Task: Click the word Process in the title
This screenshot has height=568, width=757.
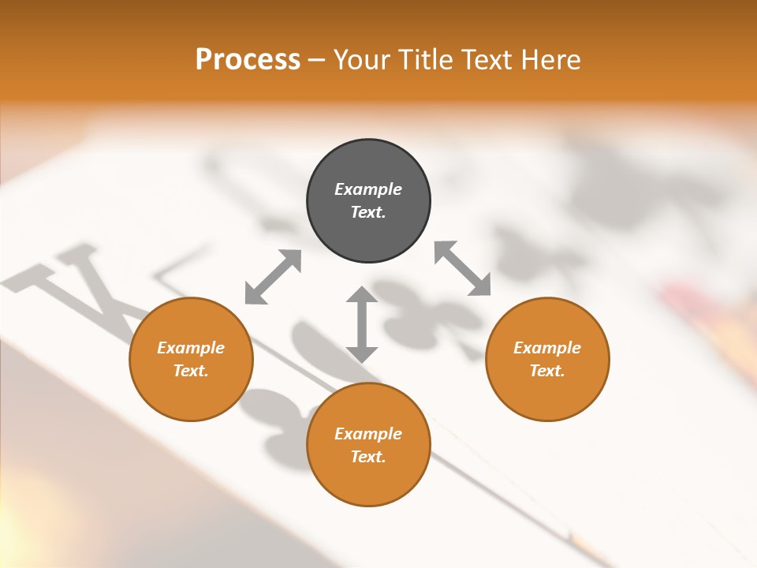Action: (x=248, y=60)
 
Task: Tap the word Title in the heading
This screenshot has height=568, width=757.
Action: (x=425, y=60)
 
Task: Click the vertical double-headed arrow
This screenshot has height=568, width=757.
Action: (x=362, y=324)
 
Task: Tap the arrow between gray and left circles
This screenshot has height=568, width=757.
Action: (x=273, y=277)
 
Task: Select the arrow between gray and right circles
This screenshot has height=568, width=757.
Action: (x=462, y=268)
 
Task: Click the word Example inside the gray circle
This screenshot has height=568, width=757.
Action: (x=368, y=189)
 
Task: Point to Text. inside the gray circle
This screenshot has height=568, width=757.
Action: (x=368, y=212)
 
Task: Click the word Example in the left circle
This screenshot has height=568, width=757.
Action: (x=191, y=348)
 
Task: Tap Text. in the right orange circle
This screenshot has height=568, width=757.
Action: (x=547, y=371)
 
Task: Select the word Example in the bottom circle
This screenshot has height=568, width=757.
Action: (x=368, y=434)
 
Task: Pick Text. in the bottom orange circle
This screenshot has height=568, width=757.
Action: (x=368, y=457)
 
